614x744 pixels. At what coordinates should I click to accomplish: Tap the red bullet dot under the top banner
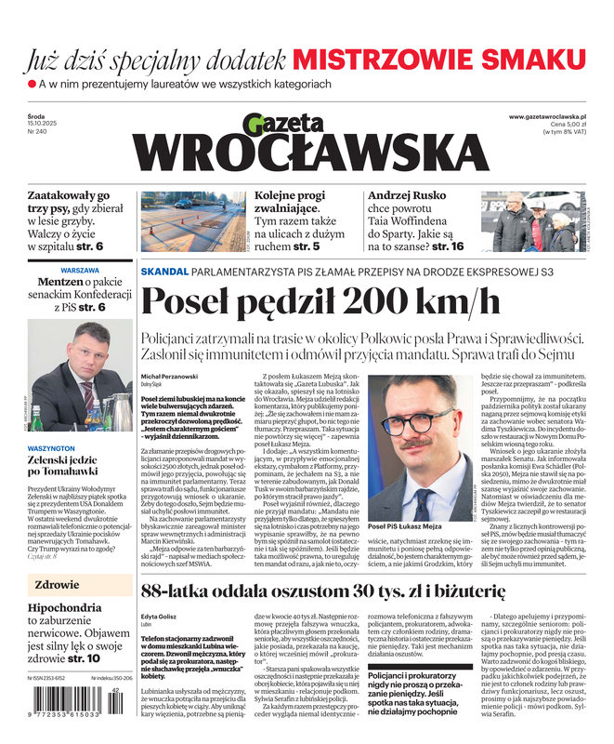32,85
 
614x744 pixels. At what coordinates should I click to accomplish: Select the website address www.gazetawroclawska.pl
552,114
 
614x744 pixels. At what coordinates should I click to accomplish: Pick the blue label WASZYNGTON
58,447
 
